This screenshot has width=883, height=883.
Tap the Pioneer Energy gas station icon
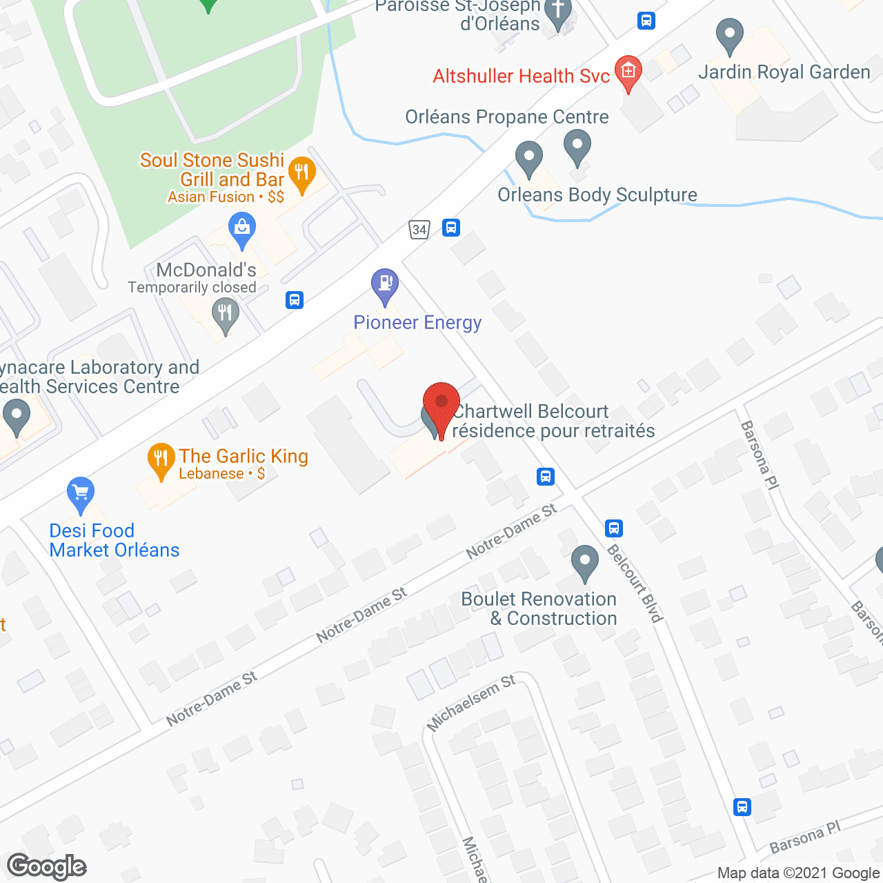point(385,285)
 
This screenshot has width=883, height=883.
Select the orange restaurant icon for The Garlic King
point(161,459)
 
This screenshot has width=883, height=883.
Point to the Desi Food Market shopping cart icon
point(81,493)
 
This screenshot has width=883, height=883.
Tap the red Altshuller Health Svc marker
point(628,72)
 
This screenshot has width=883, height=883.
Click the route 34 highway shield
point(419,229)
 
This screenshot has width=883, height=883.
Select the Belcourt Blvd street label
point(635,583)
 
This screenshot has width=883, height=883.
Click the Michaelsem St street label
point(471,702)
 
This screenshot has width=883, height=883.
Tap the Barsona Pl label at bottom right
point(805,837)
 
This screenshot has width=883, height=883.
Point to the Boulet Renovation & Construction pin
point(585,562)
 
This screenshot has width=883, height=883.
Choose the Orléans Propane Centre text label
point(507,117)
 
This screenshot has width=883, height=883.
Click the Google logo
point(47,866)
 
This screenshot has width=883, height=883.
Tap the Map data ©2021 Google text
point(799,873)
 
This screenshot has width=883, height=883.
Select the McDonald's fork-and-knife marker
point(225,315)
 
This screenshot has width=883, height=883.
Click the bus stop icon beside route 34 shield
point(451,227)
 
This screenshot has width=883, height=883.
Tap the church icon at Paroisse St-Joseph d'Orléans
point(558,14)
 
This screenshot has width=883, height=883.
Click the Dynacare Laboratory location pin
point(16,417)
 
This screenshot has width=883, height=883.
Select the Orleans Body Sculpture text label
point(597,195)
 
